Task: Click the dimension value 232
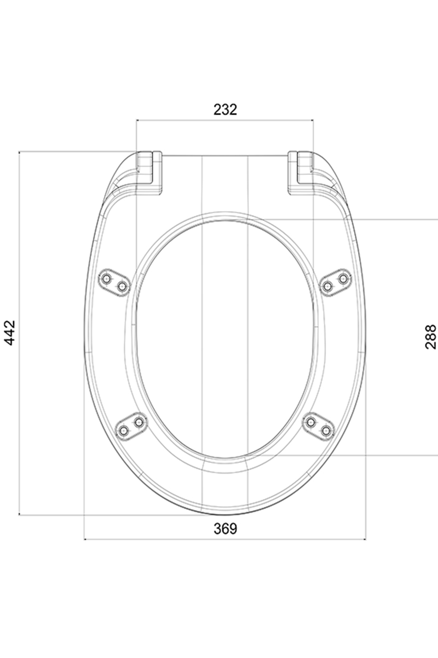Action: click(225, 110)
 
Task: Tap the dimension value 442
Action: click(10, 333)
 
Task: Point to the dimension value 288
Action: click(430, 337)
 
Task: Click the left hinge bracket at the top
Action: click(149, 173)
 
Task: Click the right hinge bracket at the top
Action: click(301, 173)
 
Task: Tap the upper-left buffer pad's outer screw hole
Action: click(106, 277)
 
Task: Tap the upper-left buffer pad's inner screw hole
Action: click(122, 285)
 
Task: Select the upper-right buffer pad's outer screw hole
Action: click(343, 277)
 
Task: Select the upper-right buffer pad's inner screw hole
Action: click(327, 285)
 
